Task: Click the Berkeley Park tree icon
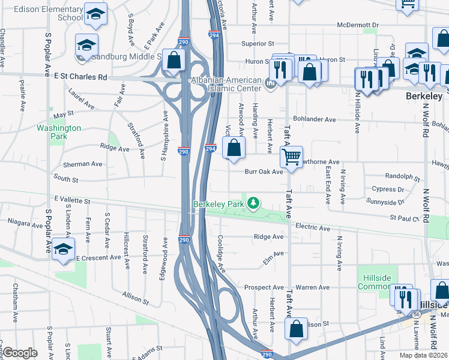[254, 203]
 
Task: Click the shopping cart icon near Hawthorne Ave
[291, 157]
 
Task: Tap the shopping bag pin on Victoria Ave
[234, 148]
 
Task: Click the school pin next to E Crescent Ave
[62, 250]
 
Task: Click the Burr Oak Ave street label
[264, 172]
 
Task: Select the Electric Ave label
[313, 228]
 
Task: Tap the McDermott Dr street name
[358, 26]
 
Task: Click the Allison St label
[134, 298]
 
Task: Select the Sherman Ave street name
[83, 164]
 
